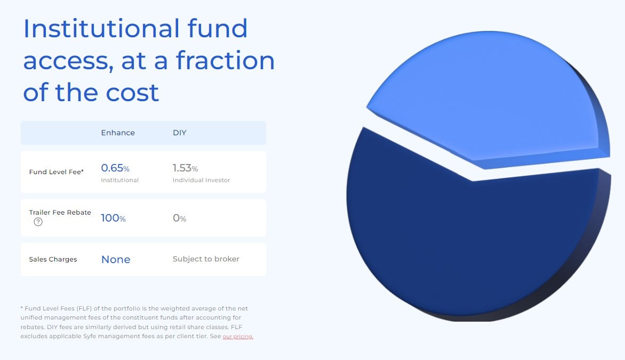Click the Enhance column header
tap(117, 133)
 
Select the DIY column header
tap(179, 133)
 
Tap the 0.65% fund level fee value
tap(115, 168)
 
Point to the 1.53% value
tap(186, 168)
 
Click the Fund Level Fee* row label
tap(56, 171)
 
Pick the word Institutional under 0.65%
tap(119, 180)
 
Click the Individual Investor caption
tap(201, 180)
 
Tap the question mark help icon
tap(38, 222)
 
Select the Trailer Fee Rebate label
tap(60, 212)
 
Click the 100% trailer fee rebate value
tap(113, 218)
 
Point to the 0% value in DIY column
tap(179, 218)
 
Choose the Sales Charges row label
tap(53, 259)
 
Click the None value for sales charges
tap(116, 259)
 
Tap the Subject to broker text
tap(206, 259)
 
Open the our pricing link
tap(237, 337)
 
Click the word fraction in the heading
tap(225, 61)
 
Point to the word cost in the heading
tap(132, 92)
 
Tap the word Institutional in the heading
tap(101, 29)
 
